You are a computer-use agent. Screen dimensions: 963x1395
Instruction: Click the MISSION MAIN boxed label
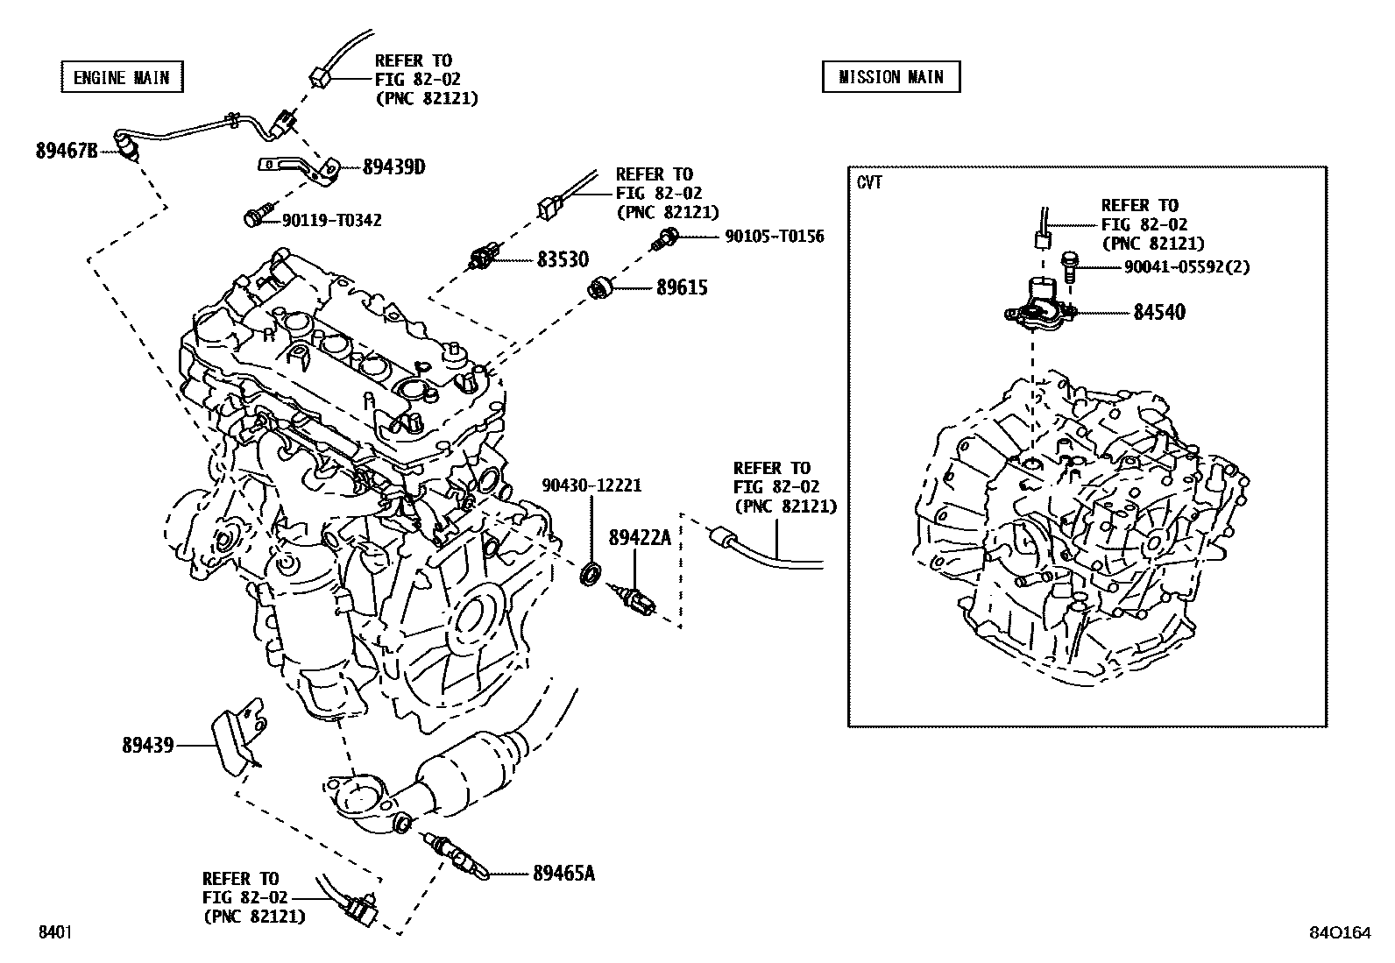coord(890,77)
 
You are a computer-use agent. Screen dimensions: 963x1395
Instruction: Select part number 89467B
coord(67,151)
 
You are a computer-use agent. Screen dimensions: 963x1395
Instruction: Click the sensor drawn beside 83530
coord(484,258)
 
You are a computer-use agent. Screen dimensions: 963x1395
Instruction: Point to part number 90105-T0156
coord(774,236)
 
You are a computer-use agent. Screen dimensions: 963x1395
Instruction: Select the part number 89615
coord(682,287)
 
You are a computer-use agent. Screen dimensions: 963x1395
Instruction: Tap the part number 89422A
coord(639,537)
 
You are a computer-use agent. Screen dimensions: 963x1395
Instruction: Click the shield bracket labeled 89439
coord(237,734)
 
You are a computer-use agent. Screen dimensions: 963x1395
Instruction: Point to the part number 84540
coord(1158,312)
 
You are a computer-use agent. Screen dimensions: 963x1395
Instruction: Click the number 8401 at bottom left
coord(53,932)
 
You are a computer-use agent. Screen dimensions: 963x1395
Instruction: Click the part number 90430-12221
coord(591,485)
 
